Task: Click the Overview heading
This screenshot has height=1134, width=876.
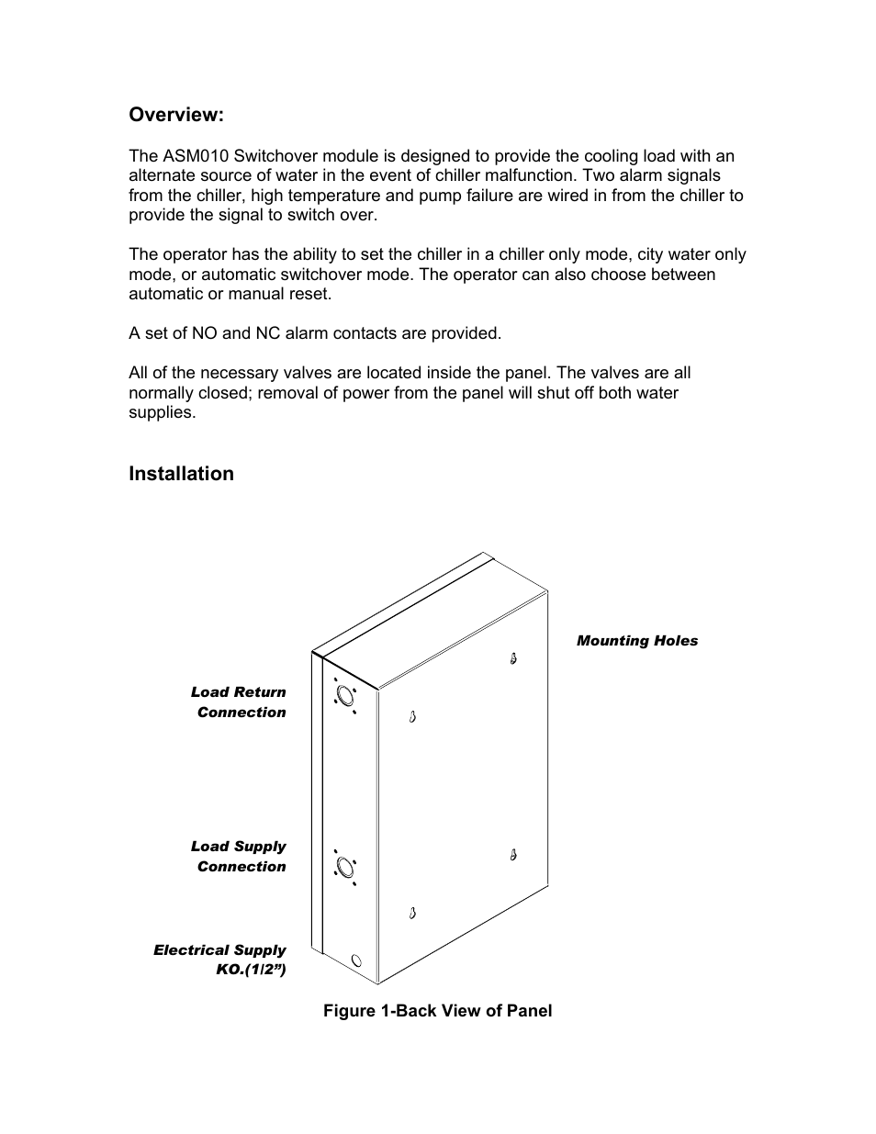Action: (x=175, y=115)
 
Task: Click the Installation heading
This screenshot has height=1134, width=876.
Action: (x=181, y=474)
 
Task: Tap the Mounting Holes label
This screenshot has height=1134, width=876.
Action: (x=636, y=641)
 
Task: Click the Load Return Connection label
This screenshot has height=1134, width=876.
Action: (x=239, y=702)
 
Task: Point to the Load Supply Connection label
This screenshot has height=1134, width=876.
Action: (x=239, y=857)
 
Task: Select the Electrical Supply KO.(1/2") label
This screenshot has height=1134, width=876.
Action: (x=220, y=960)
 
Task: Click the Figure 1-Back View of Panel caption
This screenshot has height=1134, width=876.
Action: (x=437, y=1011)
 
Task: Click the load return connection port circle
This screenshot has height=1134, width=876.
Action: (x=345, y=695)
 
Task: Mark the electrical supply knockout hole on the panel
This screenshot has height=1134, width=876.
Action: (x=356, y=961)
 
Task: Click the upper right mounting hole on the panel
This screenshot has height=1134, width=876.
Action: (x=513, y=658)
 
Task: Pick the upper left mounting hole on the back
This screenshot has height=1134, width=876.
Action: (x=413, y=716)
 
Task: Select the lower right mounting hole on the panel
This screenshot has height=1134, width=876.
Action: (x=513, y=855)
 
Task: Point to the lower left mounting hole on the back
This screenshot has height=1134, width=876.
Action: (x=413, y=913)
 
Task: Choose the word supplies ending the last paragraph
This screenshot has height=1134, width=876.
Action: (x=162, y=412)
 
